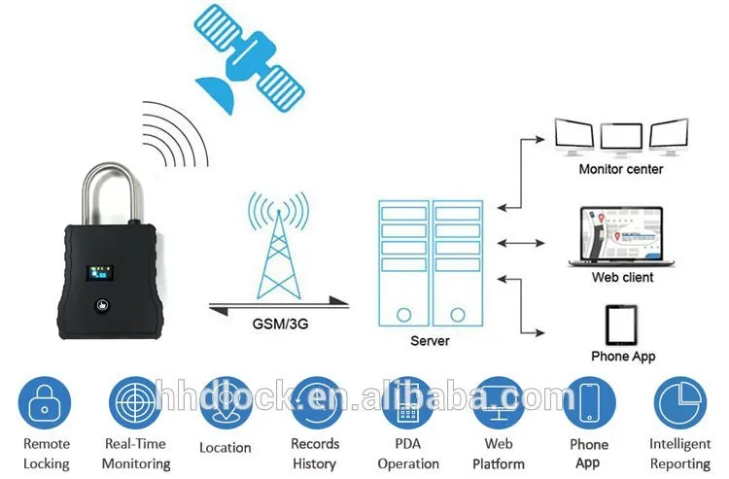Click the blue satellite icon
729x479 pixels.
[249, 58]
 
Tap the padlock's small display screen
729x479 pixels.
[100, 273]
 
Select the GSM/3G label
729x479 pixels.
[280, 324]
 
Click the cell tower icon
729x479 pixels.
[279, 246]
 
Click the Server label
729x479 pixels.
[430, 341]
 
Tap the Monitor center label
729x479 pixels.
[621, 169]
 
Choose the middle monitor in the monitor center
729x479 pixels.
[621, 139]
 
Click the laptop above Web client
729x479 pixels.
[621, 237]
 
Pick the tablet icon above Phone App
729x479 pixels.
[621, 325]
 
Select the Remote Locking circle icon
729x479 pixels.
[45, 403]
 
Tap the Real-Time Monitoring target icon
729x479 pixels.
[135, 403]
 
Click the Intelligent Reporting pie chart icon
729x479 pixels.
[680, 403]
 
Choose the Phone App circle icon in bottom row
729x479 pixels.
[589, 403]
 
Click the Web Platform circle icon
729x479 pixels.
[499, 403]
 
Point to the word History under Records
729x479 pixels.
[314, 463]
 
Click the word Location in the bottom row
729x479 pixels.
[226, 447]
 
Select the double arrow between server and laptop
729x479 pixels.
[521, 243]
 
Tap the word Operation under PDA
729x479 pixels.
[408, 463]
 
